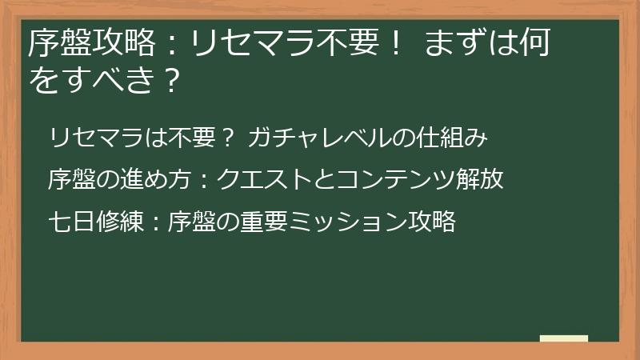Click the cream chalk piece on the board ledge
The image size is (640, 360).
(x=563, y=339)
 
